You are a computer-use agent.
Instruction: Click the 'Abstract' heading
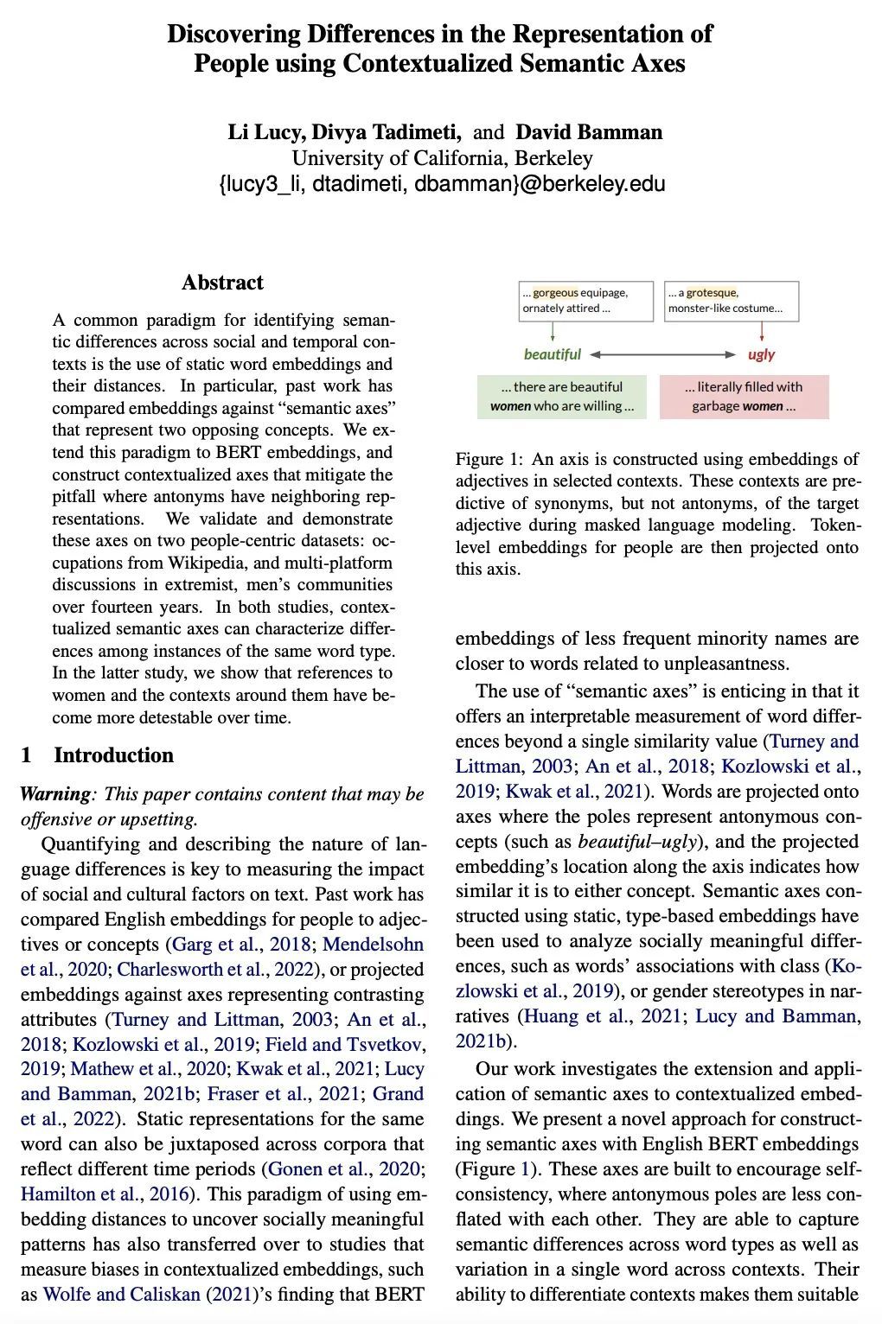222,283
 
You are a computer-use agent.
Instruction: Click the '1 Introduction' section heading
97,755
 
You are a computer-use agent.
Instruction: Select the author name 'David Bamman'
589,132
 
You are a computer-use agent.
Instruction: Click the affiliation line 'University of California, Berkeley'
442,158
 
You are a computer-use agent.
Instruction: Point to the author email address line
442,184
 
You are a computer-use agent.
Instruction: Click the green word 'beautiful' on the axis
552,354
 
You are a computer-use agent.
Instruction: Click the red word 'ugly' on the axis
761,354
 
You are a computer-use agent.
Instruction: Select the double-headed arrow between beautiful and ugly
662,354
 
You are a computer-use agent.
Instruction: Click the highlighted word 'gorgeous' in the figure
555,293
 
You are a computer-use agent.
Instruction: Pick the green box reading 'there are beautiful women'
561,397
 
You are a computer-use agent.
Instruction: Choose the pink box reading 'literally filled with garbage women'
744,397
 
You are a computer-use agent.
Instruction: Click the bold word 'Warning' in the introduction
54,794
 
